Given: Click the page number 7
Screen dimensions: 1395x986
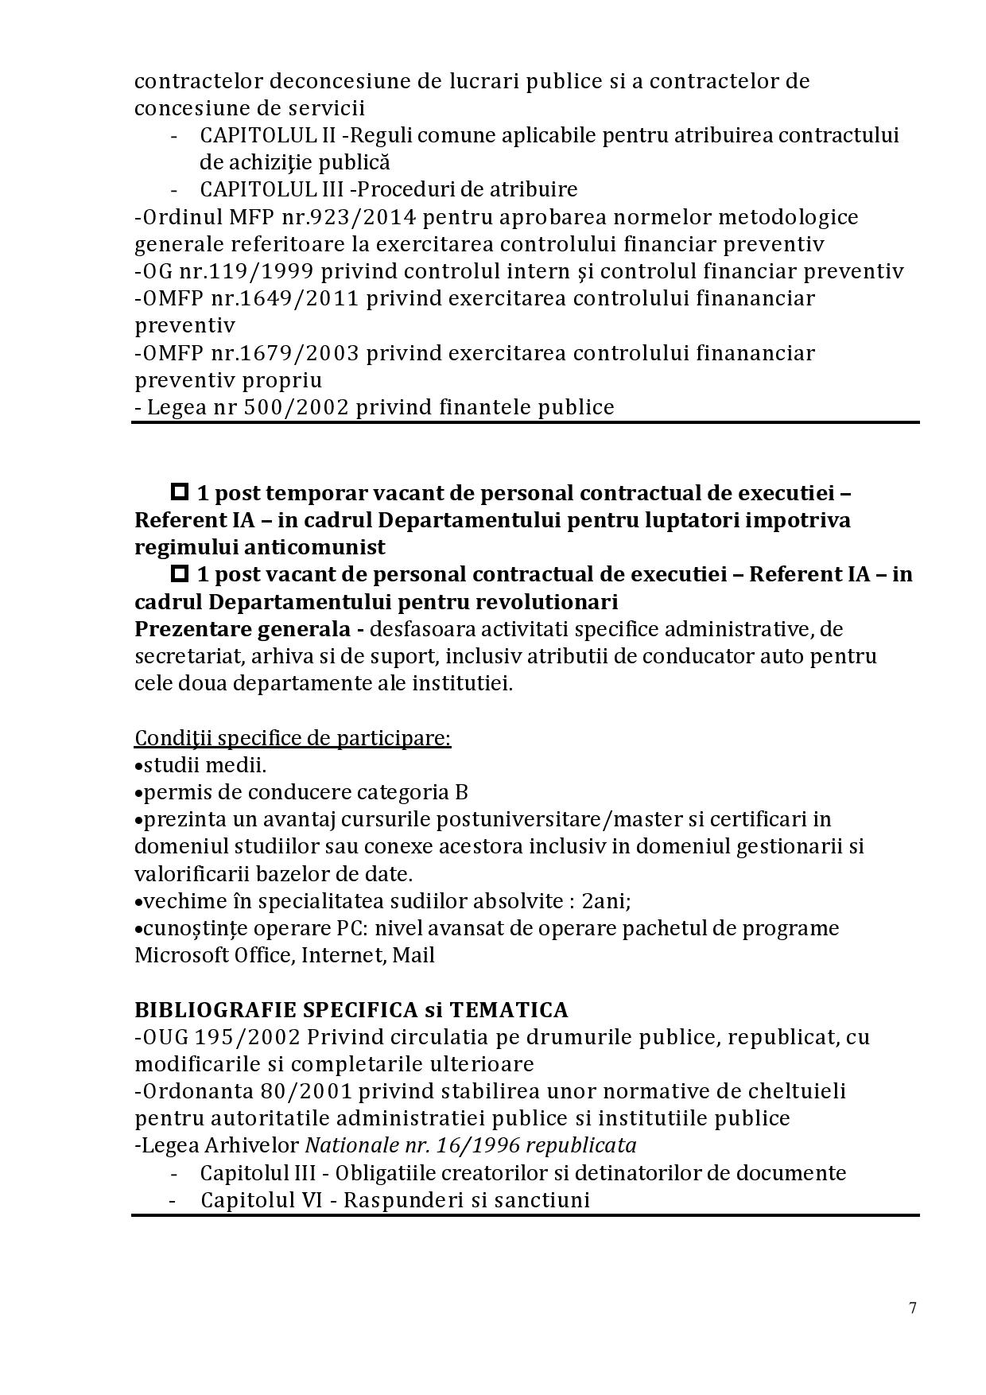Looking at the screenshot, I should tap(913, 1308).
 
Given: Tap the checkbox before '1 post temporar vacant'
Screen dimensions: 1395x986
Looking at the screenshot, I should tap(180, 492).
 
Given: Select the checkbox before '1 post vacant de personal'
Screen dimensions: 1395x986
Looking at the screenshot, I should tap(180, 573).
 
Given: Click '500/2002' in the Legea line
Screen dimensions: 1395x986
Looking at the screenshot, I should tap(303, 407).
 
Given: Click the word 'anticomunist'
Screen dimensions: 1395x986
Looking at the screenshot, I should tap(316, 547).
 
